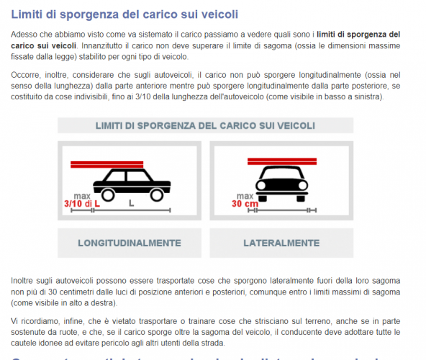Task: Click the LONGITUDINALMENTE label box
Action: click(129, 243)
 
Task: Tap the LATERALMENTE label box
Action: click(281, 243)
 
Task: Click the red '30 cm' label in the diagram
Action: click(245, 204)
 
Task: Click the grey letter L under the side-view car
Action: click(131, 204)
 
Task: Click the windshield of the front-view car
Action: click(278, 176)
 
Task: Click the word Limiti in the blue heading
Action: click(27, 14)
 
